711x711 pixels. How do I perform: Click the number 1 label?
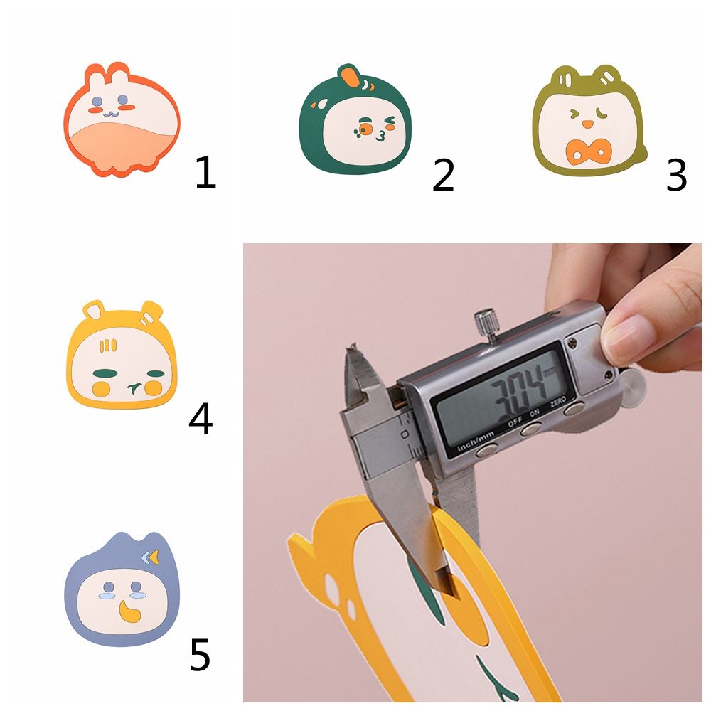click(x=205, y=173)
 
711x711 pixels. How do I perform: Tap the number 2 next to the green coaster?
click(x=443, y=175)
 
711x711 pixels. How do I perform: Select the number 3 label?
click(x=676, y=175)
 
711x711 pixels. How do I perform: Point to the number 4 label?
click(x=201, y=419)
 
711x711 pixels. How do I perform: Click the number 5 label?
click(x=200, y=656)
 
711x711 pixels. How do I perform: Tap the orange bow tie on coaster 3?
click(x=588, y=151)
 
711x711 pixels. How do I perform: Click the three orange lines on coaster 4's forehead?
click(x=107, y=347)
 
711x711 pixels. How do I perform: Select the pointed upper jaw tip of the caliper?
click(x=349, y=349)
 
